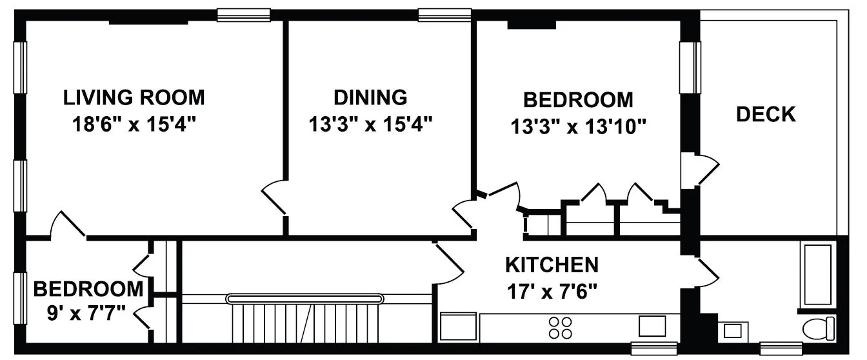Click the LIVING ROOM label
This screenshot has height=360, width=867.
[x=134, y=98]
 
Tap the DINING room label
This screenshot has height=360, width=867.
[x=370, y=97]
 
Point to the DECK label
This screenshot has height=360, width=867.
[x=766, y=115]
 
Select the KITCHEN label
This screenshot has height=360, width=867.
[x=552, y=265]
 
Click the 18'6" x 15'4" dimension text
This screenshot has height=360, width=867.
[x=134, y=123]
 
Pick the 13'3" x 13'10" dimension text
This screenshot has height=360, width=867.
[x=578, y=126]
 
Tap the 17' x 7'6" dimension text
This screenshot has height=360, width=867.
[x=552, y=291]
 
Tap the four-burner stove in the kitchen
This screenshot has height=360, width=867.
[x=560, y=327]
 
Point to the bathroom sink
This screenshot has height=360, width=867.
[x=733, y=331]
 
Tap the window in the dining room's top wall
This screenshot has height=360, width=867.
[x=444, y=15]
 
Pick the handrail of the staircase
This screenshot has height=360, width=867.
[x=304, y=299]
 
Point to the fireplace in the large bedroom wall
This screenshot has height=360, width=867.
[x=532, y=25]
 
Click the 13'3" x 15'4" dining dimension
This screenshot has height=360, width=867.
[x=370, y=123]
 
